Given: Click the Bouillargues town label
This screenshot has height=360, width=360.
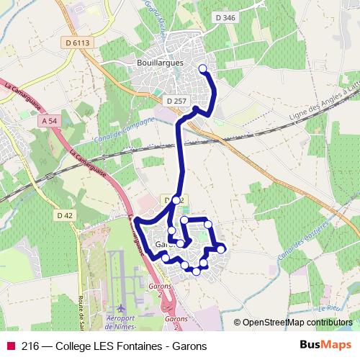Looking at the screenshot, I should [x=160, y=63].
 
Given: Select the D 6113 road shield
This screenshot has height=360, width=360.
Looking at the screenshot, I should [x=76, y=43].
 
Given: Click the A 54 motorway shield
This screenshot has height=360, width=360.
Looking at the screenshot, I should [x=50, y=122].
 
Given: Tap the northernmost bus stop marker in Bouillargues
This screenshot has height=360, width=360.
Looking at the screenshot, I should [x=202, y=69].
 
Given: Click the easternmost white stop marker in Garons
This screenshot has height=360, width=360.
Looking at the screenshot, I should [x=221, y=249].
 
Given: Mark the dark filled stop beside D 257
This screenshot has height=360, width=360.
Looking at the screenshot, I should [x=196, y=109].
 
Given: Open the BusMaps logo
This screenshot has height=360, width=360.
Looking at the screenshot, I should [x=325, y=346].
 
